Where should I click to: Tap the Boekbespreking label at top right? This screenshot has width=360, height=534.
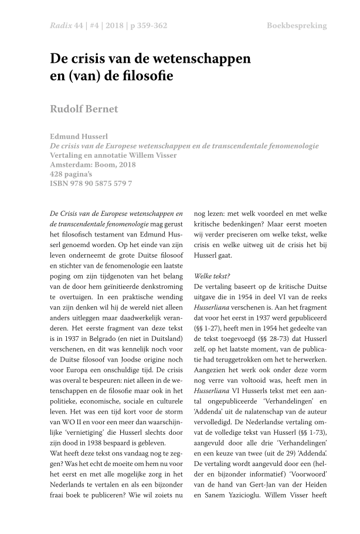[x=297, y=26]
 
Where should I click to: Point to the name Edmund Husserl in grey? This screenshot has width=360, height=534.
[x=78, y=136]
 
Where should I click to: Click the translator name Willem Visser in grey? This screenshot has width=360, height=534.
[x=151, y=155]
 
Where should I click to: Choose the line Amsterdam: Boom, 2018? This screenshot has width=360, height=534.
[x=93, y=165]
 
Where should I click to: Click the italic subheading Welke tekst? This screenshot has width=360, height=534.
[x=212, y=276]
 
